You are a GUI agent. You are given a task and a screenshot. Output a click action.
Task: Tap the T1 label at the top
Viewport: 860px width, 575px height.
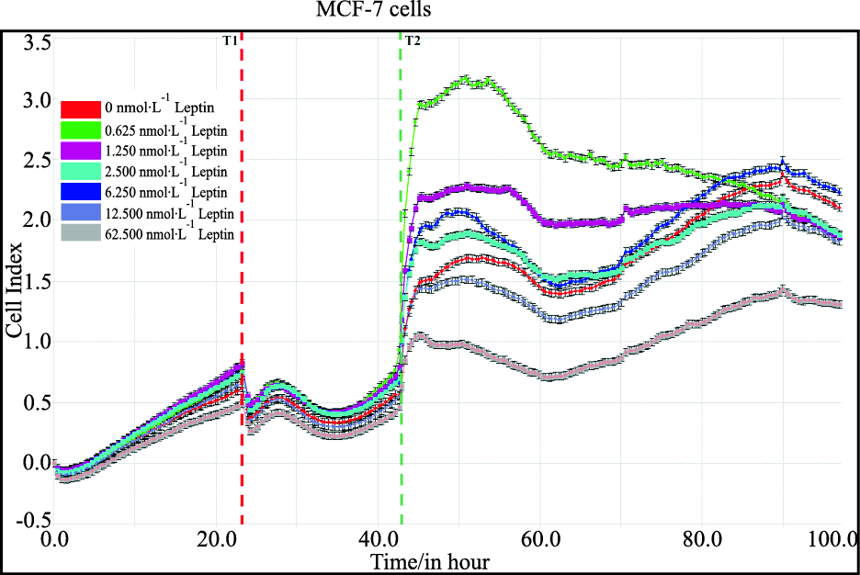click(x=230, y=41)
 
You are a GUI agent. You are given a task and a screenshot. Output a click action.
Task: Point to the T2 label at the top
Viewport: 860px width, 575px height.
click(x=413, y=41)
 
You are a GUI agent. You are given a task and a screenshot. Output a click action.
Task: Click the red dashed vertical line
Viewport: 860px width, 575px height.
click(x=242, y=276)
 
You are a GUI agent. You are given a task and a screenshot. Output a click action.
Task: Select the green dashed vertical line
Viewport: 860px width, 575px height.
click(x=402, y=276)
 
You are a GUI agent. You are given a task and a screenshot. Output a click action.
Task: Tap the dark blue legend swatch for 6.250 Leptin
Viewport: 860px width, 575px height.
click(x=80, y=192)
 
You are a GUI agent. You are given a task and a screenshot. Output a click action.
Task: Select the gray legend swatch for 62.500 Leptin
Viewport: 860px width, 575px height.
click(x=80, y=234)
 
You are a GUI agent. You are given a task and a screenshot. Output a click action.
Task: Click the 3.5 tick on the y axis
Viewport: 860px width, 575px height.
click(x=38, y=41)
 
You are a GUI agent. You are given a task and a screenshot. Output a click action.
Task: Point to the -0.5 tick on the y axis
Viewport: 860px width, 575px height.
click(x=36, y=520)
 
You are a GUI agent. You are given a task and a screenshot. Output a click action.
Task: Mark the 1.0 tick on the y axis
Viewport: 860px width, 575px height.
click(x=38, y=341)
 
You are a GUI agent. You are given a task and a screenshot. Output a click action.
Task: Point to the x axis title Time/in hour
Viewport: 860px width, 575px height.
click(x=429, y=560)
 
